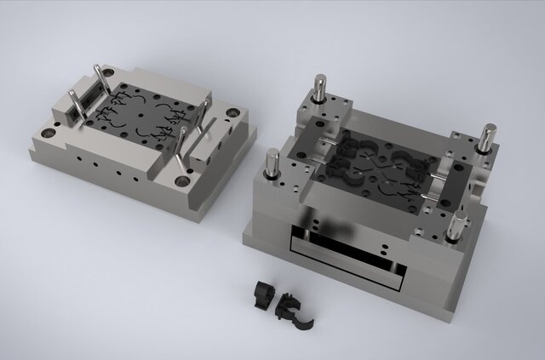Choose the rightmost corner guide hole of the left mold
pyautogui.click(x=232, y=111)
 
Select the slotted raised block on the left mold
pyautogui.click(x=83, y=102)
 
